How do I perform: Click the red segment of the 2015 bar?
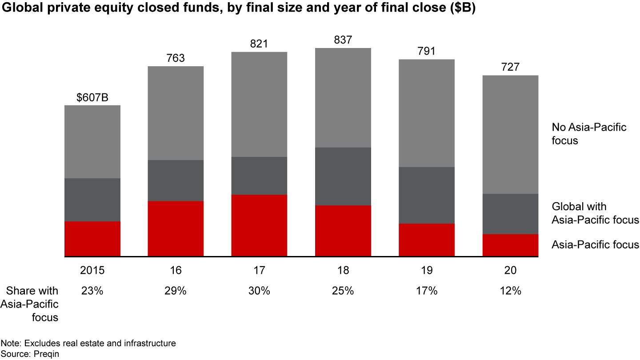click(92, 239)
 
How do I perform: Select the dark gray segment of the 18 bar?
click(343, 176)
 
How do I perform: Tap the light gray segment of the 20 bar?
click(510, 134)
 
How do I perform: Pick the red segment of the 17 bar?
click(259, 225)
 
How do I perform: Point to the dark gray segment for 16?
click(176, 180)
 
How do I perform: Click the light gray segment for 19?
click(427, 113)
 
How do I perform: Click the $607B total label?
click(92, 97)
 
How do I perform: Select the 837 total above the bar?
click(343, 40)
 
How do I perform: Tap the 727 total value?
click(510, 68)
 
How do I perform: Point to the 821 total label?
click(259, 44)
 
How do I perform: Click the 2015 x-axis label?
click(92, 270)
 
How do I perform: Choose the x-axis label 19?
click(427, 270)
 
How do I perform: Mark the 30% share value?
click(259, 291)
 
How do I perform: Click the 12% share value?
click(510, 291)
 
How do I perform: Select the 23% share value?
click(92, 291)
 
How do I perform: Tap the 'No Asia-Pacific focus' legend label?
click(589, 134)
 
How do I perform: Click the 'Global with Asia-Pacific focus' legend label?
click(595, 213)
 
